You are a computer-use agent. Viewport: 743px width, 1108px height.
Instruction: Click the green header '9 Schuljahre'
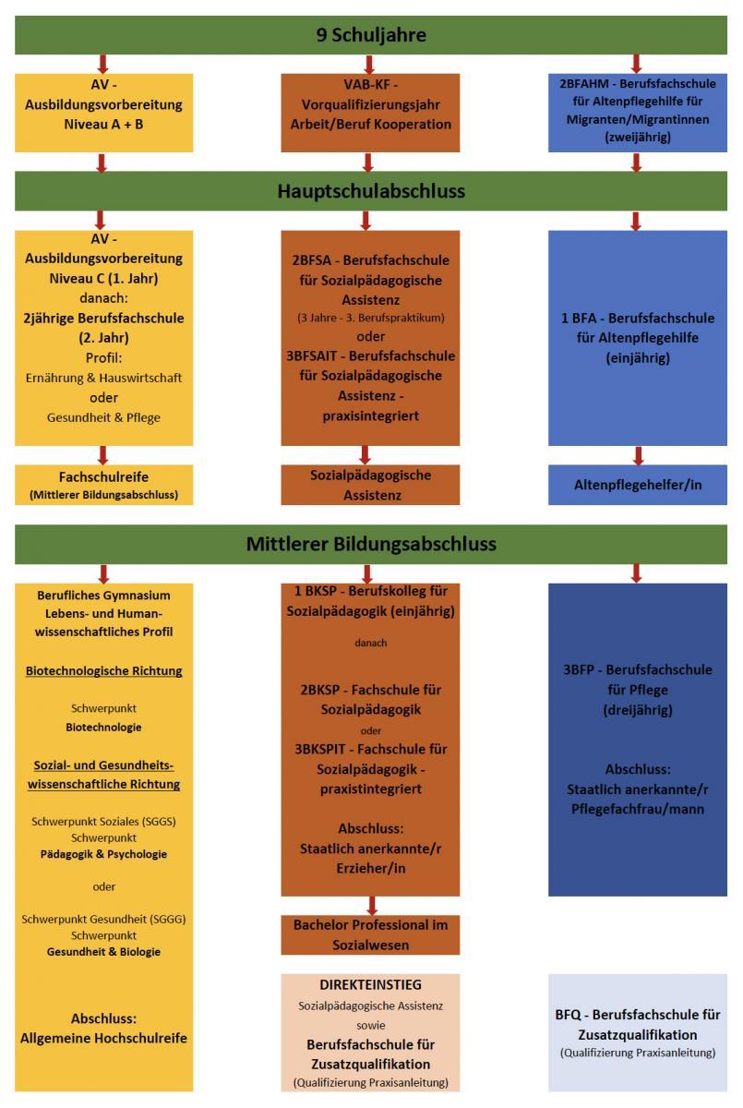[371, 36]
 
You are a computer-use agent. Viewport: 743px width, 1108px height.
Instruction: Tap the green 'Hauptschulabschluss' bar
[371, 191]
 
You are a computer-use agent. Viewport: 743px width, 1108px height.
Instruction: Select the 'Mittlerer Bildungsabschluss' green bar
[371, 544]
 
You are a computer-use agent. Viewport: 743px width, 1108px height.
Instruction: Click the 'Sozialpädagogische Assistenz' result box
[370, 485]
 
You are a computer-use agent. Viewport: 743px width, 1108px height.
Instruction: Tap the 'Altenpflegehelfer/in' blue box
[638, 485]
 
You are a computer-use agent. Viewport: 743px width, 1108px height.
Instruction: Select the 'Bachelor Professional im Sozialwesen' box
[370, 934]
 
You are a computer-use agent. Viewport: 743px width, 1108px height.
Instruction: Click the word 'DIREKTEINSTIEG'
[370, 985]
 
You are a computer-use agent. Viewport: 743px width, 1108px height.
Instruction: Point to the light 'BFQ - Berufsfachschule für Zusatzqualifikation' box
[637, 1031]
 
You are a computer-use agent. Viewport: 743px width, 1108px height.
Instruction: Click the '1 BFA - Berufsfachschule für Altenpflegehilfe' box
[637, 337]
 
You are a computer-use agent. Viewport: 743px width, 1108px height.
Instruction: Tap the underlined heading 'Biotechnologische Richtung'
[103, 671]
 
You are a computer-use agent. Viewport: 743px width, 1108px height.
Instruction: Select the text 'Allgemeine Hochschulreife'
[103, 1038]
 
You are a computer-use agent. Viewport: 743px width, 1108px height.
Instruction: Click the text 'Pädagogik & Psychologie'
[103, 854]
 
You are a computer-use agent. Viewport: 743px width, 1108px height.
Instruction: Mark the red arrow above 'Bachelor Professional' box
[371, 905]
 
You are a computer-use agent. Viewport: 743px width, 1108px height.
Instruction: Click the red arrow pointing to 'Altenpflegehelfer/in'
[638, 455]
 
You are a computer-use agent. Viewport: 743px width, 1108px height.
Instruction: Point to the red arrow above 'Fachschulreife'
[102, 455]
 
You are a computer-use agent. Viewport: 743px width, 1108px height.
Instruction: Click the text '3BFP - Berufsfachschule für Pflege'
[637, 680]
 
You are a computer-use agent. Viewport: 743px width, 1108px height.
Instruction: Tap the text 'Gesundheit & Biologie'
[103, 952]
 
